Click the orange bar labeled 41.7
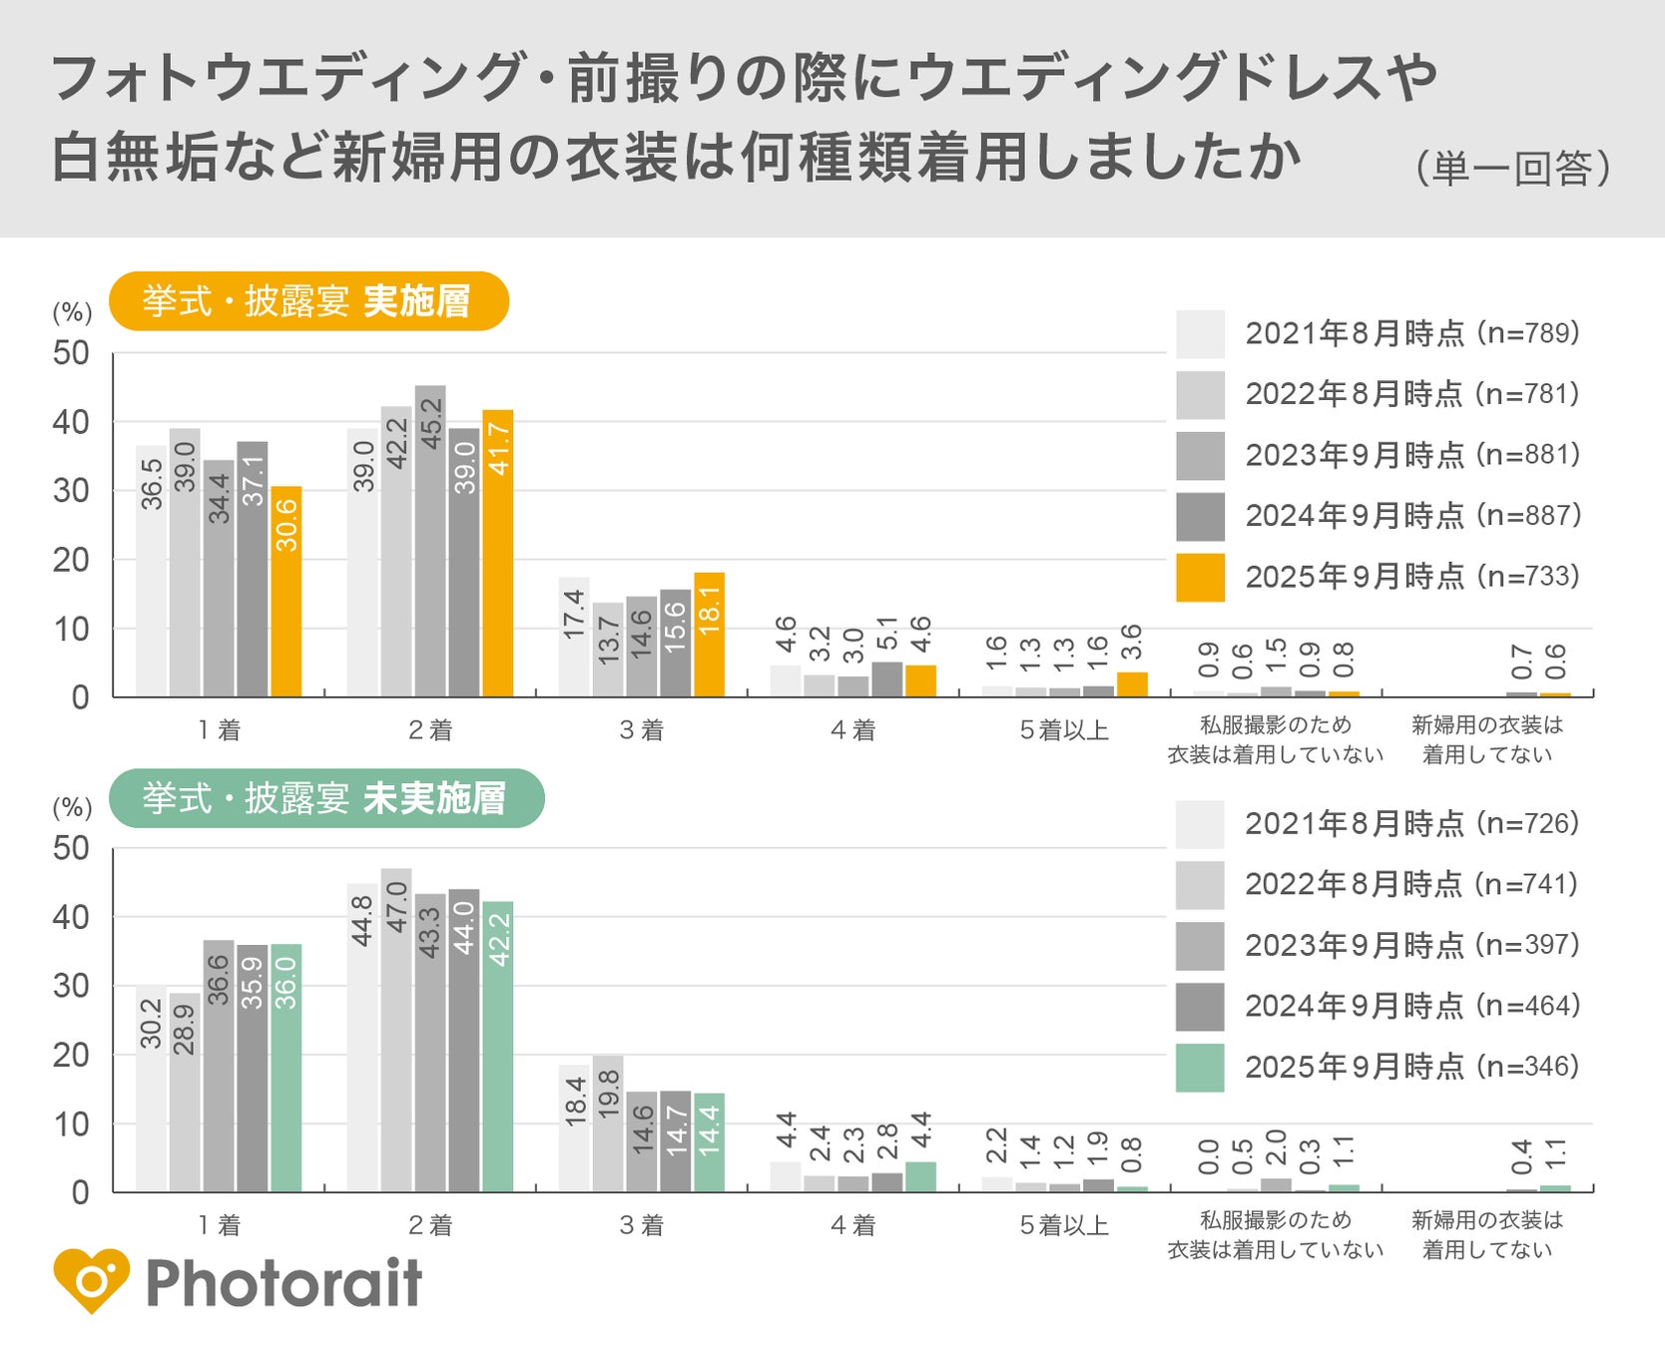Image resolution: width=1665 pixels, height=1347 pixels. [497, 554]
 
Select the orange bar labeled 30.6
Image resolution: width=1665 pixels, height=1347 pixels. [286, 592]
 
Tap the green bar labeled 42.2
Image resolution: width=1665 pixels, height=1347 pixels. [497, 1047]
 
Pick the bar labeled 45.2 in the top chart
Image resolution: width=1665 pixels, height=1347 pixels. [430, 541]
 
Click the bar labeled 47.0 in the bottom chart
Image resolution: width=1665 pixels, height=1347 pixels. [396, 1030]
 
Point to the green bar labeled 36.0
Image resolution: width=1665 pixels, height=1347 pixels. [286, 1068]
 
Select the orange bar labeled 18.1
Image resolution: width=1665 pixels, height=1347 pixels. [709, 635]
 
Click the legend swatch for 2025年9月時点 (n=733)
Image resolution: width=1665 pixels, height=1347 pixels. [1200, 577]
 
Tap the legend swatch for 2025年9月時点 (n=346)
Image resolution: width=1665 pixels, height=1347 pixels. [1200, 1068]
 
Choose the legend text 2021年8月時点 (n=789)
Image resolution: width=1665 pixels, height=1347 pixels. [1411, 333]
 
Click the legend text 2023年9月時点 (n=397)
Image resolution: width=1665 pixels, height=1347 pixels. [1411, 945]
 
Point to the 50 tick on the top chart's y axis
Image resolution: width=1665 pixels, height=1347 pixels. [71, 353]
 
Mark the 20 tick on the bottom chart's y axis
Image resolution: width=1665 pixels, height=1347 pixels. [71, 1055]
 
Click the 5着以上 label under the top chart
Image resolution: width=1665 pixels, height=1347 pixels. [1064, 730]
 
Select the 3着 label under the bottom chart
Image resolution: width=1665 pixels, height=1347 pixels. [641, 1225]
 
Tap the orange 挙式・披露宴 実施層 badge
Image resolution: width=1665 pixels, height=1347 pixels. [308, 301]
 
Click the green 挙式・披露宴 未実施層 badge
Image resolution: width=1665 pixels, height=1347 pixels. [326, 798]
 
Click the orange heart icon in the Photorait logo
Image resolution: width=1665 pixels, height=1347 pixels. [92, 1280]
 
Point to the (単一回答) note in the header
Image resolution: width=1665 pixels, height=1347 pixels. [1511, 168]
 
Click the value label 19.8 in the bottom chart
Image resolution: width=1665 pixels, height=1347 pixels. [608, 1093]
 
